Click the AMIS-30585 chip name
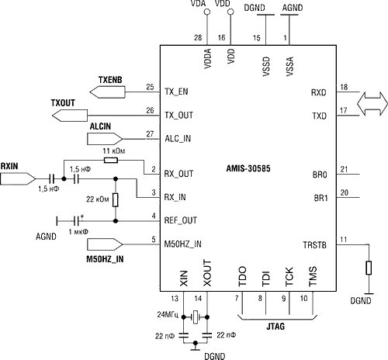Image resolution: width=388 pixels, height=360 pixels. [x=248, y=168]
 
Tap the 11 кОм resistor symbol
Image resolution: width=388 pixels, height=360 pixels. [x=111, y=161]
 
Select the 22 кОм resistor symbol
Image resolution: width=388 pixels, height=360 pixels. [x=116, y=199]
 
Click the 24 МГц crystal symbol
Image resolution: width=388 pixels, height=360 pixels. [x=196, y=317]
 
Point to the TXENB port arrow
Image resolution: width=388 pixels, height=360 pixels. [x=107, y=92]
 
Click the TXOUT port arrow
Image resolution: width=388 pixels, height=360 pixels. [x=70, y=116]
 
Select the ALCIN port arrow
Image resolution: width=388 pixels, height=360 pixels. [x=105, y=139]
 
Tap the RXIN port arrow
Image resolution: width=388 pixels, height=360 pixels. [x=18, y=178]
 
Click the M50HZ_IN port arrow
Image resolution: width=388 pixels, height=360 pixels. [x=105, y=244]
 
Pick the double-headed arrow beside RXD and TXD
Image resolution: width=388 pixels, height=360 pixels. [x=372, y=103]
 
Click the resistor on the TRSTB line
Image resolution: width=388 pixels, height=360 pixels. [x=369, y=268]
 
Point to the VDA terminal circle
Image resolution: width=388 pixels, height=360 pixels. [x=207, y=12]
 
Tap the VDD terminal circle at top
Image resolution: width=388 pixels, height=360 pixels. [x=230, y=12]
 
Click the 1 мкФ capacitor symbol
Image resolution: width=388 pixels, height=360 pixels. [x=76, y=221]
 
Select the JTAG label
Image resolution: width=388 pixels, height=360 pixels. [x=275, y=327]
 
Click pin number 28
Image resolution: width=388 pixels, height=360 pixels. [x=198, y=38]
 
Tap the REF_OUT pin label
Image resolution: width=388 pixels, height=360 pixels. [x=181, y=220]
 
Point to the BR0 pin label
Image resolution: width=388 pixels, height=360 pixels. [x=320, y=175]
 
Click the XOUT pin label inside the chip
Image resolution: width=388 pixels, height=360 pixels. [x=207, y=273]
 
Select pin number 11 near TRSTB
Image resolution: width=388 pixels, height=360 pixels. [x=343, y=240]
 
